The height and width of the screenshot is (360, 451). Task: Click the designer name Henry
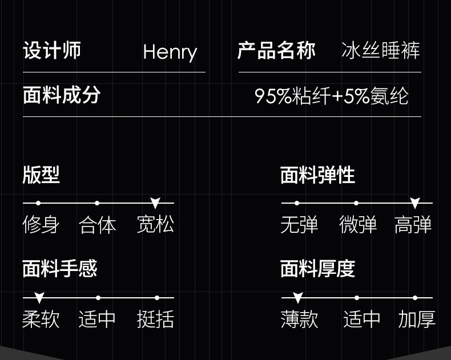click(170, 52)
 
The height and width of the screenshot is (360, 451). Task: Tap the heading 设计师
click(52, 50)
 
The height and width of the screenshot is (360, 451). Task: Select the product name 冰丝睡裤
click(380, 51)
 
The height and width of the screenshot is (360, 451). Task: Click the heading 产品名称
click(276, 50)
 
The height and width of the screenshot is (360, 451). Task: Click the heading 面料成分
click(62, 95)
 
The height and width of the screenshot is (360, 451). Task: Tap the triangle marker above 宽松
click(155, 203)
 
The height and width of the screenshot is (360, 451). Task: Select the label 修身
click(41, 225)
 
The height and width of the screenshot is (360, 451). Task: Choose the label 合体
click(97, 225)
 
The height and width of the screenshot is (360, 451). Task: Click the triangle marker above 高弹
click(415, 203)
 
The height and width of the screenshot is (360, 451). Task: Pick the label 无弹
click(299, 225)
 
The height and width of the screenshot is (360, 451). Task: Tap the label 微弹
click(357, 225)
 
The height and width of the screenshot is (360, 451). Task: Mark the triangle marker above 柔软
click(39, 298)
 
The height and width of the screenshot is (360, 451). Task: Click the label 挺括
click(155, 319)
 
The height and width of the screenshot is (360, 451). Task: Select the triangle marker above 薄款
click(297, 298)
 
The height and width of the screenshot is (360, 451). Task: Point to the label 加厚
click(417, 319)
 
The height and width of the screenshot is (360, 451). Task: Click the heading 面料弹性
click(317, 175)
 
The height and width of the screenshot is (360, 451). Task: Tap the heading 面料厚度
click(317, 268)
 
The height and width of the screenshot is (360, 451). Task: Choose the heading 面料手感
click(60, 268)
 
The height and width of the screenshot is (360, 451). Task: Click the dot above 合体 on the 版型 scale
click(97, 203)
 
